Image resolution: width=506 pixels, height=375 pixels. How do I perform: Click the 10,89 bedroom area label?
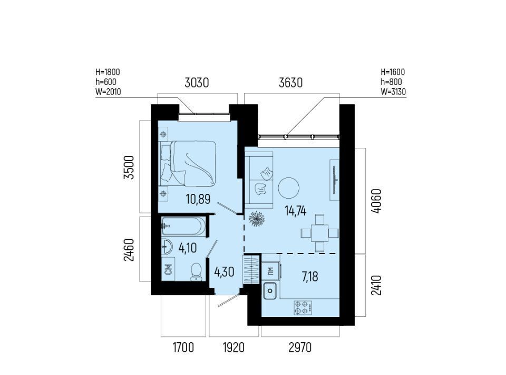(198, 199)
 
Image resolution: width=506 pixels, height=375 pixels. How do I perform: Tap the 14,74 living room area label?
(295, 211)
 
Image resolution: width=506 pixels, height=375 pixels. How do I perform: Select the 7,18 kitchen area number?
(310, 277)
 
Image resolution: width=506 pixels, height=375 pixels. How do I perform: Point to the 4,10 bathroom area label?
(188, 248)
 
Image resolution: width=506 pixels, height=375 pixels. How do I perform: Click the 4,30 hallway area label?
(225, 272)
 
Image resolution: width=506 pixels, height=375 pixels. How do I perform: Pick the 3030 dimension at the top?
(197, 83)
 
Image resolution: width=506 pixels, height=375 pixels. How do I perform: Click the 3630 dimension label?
(291, 83)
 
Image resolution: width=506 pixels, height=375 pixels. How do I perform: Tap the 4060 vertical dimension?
(376, 201)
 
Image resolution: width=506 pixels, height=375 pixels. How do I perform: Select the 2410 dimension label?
(376, 285)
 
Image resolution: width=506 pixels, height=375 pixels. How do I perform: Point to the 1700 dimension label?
(183, 348)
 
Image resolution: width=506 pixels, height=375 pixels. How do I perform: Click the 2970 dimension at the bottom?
(300, 348)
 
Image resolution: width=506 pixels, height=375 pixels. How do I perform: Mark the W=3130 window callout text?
(393, 92)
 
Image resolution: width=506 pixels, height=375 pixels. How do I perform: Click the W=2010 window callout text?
(108, 92)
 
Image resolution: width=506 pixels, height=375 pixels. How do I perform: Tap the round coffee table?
(288, 188)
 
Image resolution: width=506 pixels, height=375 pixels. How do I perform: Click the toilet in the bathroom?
(196, 272)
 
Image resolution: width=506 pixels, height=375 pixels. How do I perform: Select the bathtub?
(183, 226)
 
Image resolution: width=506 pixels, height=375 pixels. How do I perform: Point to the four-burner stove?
(303, 307)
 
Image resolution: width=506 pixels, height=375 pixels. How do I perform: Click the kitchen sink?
(270, 290)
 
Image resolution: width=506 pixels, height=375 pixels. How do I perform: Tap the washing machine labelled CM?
(168, 269)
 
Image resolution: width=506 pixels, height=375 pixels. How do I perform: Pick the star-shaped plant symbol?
(257, 219)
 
